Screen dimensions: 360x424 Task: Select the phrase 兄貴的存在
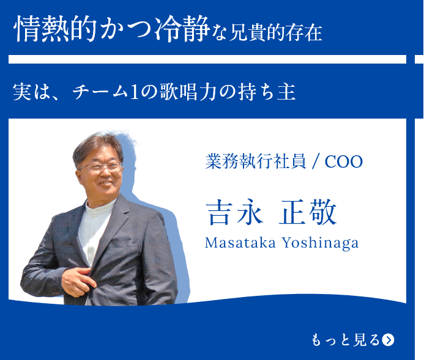276,32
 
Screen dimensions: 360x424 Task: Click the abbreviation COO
344,162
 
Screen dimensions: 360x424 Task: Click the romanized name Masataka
240,243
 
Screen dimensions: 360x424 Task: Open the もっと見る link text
345,340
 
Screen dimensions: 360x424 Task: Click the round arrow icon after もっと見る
388,340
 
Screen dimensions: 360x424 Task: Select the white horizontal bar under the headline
207,59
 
